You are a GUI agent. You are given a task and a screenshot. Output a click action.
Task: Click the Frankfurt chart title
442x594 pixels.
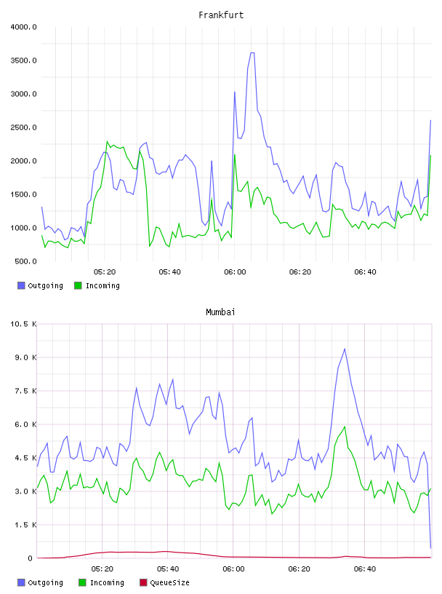pos(221,15)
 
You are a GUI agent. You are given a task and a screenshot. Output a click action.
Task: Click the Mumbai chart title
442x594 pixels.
pos(220,312)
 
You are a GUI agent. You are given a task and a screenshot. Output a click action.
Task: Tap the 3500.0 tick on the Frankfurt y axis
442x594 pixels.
pos(23,60)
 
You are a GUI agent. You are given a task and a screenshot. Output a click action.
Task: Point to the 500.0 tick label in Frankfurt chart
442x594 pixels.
pos(25,261)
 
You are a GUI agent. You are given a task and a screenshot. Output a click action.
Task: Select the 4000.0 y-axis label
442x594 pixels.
pos(23,27)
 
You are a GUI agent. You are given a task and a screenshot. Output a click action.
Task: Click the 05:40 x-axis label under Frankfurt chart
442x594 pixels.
pos(170,272)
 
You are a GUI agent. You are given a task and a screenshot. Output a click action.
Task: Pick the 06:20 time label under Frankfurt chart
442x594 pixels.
pos(300,272)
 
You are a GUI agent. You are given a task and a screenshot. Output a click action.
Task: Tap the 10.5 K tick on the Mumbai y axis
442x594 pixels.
pos(23,324)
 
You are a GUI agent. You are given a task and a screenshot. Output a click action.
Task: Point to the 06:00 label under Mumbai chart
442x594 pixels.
pos(233,569)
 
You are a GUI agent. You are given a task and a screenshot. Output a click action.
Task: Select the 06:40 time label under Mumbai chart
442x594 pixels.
pos(365,569)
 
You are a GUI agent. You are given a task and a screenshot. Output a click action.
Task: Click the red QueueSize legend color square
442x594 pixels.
pos(143,582)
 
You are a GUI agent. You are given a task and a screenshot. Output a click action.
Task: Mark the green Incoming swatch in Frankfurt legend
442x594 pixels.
pos(78,285)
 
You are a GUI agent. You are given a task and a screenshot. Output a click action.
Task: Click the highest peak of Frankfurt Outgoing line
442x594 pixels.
pos(252,53)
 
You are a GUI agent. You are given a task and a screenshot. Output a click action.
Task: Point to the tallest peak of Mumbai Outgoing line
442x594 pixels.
pos(345,349)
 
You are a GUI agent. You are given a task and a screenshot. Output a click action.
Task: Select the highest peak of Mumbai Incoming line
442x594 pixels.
pos(345,427)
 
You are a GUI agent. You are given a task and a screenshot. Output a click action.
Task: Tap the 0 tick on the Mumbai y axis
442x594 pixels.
pos(31,558)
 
